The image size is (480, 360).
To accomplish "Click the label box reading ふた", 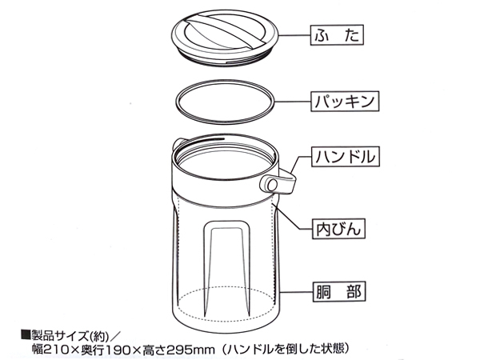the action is tap(337, 35).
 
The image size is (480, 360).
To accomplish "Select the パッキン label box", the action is tap(345, 101).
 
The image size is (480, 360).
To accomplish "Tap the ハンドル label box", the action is tap(346, 157).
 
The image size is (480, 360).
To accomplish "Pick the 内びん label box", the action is tap(338, 229).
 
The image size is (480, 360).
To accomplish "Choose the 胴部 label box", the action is tap(339, 292).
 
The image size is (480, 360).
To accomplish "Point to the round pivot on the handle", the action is tap(272, 185).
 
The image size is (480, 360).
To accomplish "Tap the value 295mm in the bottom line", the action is tap(193, 350).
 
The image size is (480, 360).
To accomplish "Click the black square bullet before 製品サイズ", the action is tap(26, 335).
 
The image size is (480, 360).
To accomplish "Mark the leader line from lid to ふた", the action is tap(294, 35).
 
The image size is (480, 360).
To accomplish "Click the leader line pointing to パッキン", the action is tap(293, 102).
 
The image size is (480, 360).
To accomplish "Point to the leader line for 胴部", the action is tap(296, 292).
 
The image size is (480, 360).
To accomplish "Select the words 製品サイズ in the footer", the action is tap(59, 336).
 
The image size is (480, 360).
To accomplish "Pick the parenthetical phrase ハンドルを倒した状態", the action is tap(285, 348).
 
